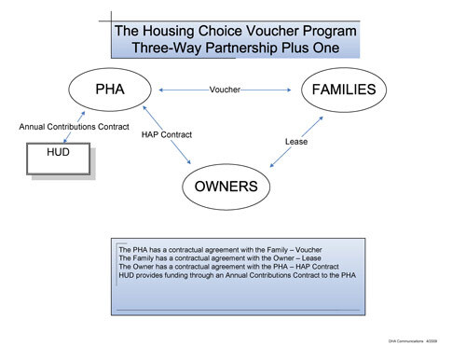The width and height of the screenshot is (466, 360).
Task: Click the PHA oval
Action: point(110,90)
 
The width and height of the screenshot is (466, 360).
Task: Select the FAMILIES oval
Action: point(344,90)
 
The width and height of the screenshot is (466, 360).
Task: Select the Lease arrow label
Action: point(295,142)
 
